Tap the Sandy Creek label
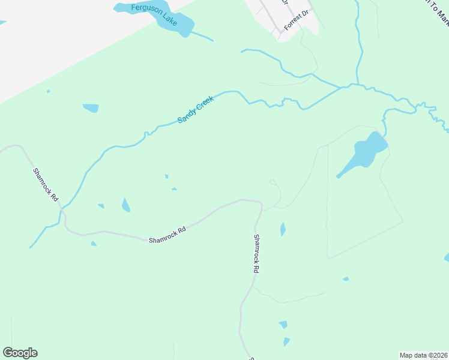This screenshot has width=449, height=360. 196,110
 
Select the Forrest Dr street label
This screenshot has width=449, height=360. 296,20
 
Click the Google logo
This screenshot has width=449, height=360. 20,353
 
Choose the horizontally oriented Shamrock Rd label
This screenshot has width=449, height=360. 167,234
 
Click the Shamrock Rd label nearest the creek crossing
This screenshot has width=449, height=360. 46,184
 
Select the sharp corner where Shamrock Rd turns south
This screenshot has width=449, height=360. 261,203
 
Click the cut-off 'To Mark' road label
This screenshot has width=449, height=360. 436,12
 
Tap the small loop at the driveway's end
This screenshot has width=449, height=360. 273,181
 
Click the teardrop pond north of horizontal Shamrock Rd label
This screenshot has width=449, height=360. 125,205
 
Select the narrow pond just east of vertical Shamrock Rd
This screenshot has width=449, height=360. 283,229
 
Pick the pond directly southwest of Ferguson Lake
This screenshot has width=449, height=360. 91,108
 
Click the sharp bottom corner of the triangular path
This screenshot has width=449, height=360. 328,259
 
